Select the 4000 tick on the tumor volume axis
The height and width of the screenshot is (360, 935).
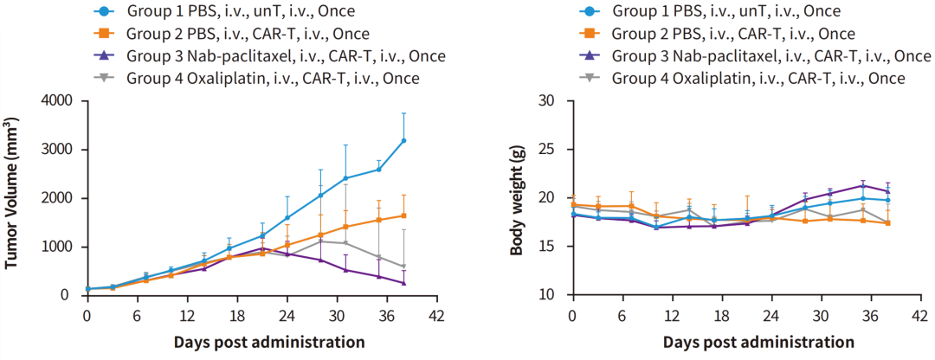[x=58, y=100]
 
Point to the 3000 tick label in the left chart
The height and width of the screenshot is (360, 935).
[x=58, y=150]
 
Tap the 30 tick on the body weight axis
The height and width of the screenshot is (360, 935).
[x=545, y=100]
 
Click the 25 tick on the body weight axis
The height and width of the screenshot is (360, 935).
[x=545, y=150]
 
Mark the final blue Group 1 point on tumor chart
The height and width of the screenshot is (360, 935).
[x=403, y=140]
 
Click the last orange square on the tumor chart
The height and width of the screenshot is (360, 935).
[x=403, y=215]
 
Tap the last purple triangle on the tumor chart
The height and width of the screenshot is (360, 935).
[x=403, y=283]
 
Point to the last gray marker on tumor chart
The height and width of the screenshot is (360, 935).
[x=403, y=267]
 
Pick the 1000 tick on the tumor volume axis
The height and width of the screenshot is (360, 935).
[x=58, y=247]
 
